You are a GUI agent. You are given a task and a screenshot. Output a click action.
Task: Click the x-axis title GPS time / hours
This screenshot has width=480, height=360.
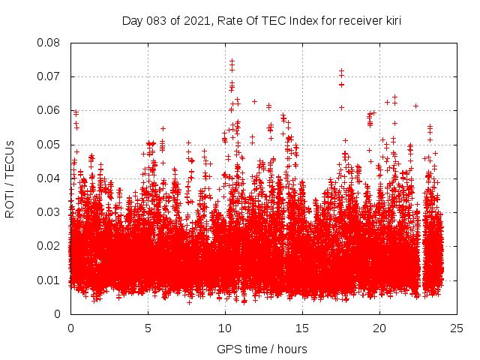(262, 349)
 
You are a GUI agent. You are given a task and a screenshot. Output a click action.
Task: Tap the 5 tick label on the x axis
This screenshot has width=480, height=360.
(148, 328)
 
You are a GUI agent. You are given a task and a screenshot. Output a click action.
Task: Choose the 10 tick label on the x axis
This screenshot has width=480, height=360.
(225, 328)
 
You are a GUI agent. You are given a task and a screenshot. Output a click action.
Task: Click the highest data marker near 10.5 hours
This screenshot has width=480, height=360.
(232, 61)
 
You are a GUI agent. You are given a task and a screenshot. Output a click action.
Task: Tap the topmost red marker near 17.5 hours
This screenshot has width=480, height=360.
(341, 70)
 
